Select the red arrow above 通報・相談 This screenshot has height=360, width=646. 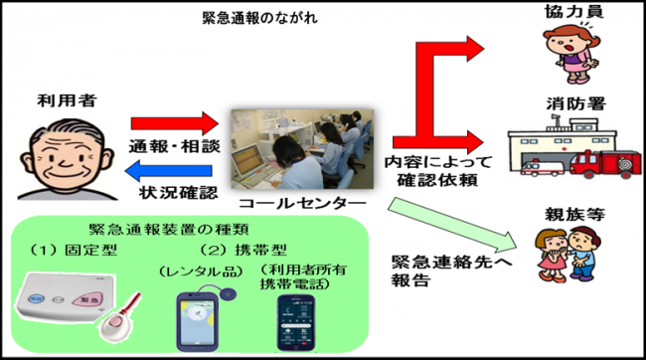(173, 123)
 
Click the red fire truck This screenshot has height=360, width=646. (606, 163)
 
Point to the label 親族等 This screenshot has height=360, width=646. (564, 215)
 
